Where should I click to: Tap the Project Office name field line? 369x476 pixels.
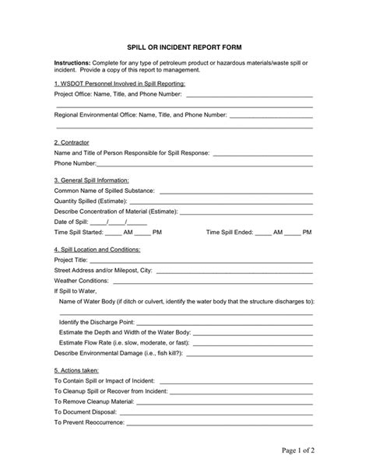point(248,96)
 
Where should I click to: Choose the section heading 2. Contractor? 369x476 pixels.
point(72,142)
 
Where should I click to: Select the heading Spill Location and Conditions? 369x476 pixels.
point(97,249)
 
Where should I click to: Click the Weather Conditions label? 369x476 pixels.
point(81,280)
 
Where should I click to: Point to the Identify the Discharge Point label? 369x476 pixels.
point(97,321)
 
